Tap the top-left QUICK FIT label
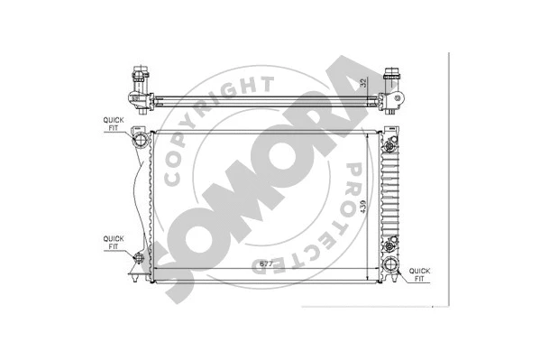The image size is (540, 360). [x=114, y=123]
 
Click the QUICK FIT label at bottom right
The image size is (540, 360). [x=421, y=274]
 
